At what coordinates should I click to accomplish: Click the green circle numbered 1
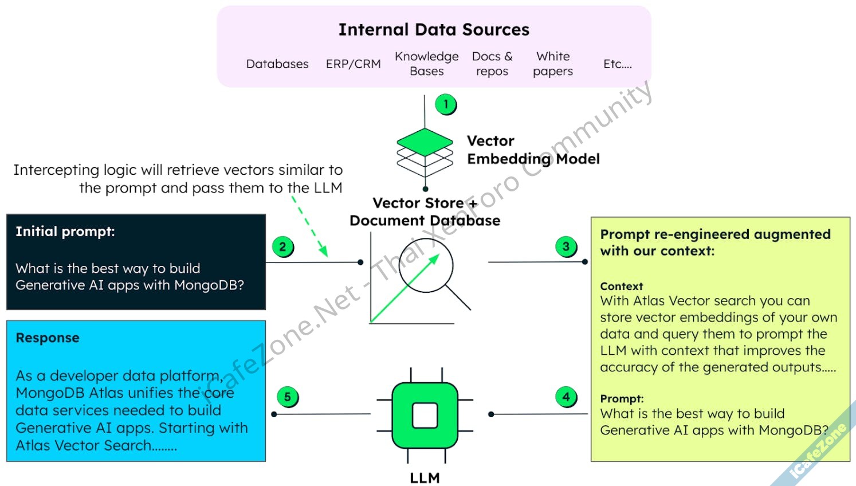[445, 104]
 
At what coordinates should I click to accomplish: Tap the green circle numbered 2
[282, 247]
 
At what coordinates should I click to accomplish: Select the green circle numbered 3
[566, 246]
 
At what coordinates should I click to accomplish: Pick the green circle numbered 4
[566, 397]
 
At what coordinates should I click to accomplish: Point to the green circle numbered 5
[288, 397]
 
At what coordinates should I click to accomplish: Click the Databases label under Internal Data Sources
[277, 64]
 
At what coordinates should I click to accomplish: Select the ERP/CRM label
[353, 64]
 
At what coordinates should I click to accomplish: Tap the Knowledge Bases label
[427, 64]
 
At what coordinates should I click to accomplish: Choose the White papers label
[553, 64]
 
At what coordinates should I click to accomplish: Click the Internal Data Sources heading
[434, 30]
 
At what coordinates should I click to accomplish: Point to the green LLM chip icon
[425, 415]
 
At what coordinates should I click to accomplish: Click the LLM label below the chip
[425, 478]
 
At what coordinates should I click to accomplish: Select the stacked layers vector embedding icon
[425, 152]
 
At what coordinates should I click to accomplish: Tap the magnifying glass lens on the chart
[426, 265]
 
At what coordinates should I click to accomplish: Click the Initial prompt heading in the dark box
[65, 232]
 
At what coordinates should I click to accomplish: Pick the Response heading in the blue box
[48, 338]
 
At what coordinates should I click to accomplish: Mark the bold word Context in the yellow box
[622, 286]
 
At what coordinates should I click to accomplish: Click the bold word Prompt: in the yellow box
[622, 399]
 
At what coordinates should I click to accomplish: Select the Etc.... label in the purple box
[618, 64]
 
